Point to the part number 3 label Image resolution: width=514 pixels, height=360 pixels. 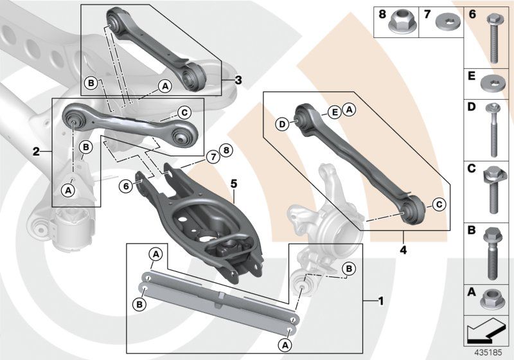tap(238, 80)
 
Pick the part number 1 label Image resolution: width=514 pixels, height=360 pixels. tap(380, 300)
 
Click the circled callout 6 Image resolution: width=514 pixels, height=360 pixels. tap(126, 185)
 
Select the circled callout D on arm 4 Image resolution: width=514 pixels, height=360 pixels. tap(281, 123)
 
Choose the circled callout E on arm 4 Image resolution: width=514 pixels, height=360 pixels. tap(334, 112)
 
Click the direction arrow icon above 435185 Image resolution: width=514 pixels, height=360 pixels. tap(486, 330)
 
